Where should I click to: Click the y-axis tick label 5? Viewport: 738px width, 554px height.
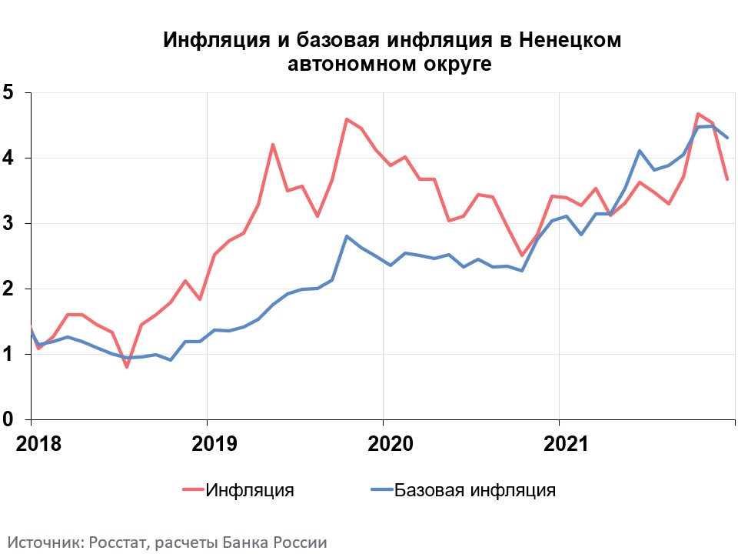(8, 92)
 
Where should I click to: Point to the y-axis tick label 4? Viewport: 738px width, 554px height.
(8, 158)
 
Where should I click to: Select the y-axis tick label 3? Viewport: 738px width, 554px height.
(8, 223)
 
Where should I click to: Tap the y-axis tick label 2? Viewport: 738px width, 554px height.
(8, 289)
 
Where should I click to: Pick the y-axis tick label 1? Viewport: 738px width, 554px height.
(8, 354)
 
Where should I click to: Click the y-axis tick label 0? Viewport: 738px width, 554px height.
(8, 419)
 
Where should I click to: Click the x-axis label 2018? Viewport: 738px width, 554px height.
(31, 444)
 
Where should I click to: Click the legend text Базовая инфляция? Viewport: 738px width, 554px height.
(474, 490)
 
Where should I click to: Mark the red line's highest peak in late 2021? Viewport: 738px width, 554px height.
(697, 114)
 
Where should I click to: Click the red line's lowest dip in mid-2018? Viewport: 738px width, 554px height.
(126, 367)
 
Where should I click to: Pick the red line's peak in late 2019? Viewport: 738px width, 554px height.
(347, 119)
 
